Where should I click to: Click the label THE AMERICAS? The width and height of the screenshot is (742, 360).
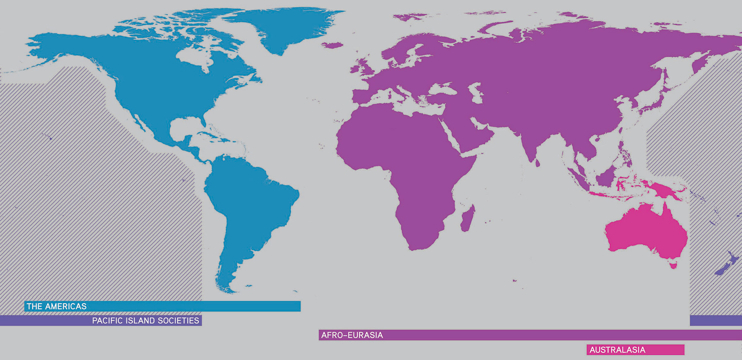point(56,306)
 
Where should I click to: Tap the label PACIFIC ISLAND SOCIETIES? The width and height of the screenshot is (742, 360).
point(145,321)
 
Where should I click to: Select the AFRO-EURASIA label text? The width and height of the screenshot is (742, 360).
point(352,335)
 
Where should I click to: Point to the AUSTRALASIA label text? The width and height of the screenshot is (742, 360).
point(617,350)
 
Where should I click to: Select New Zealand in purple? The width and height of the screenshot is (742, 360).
point(725,263)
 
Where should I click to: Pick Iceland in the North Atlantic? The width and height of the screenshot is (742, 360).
point(332,45)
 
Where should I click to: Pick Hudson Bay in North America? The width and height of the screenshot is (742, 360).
point(193,56)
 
